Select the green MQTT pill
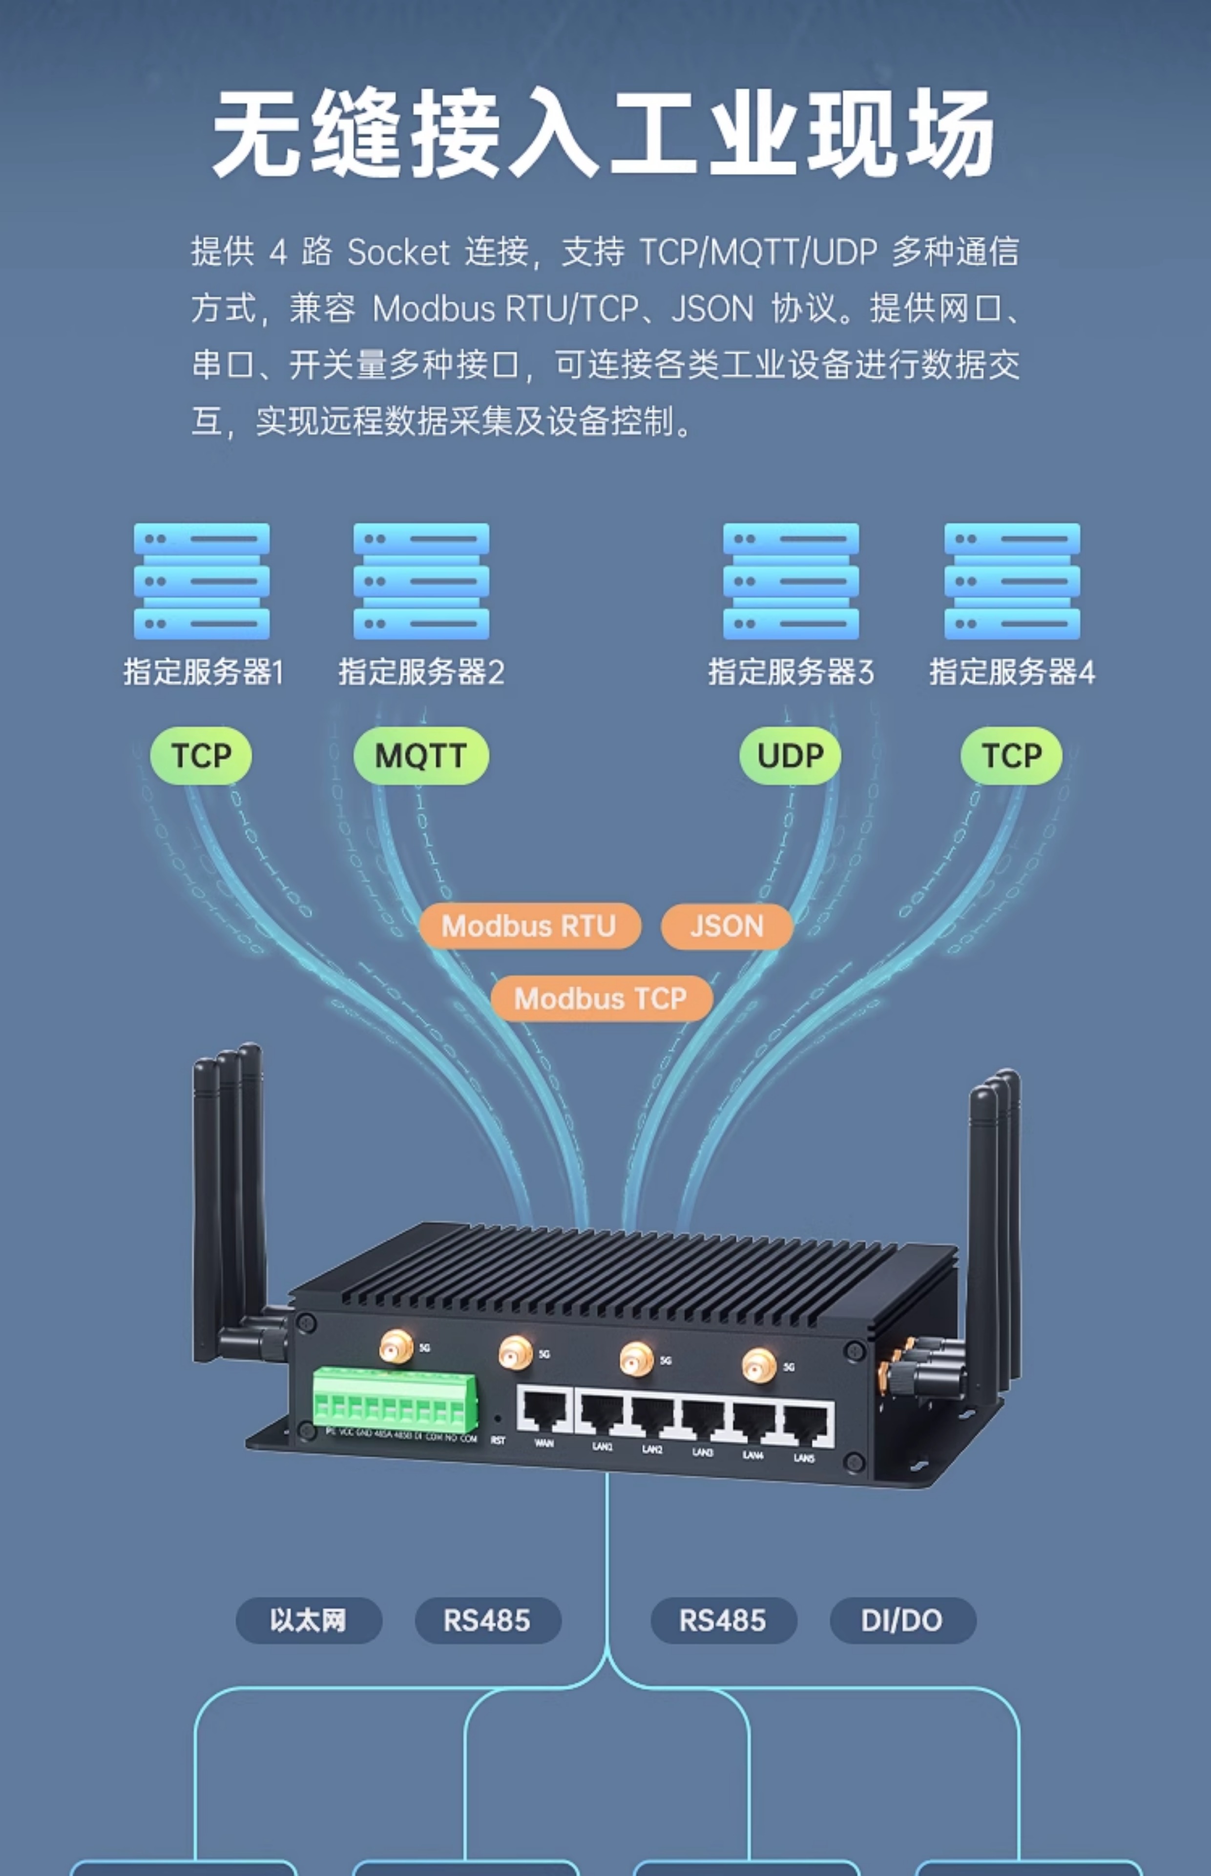(421, 756)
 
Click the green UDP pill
(790, 756)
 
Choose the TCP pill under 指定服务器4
(1011, 756)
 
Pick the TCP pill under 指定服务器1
(201, 756)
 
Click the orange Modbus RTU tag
(529, 926)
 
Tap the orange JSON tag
(727, 926)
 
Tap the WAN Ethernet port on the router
(544, 1410)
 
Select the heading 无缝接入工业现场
(604, 132)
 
